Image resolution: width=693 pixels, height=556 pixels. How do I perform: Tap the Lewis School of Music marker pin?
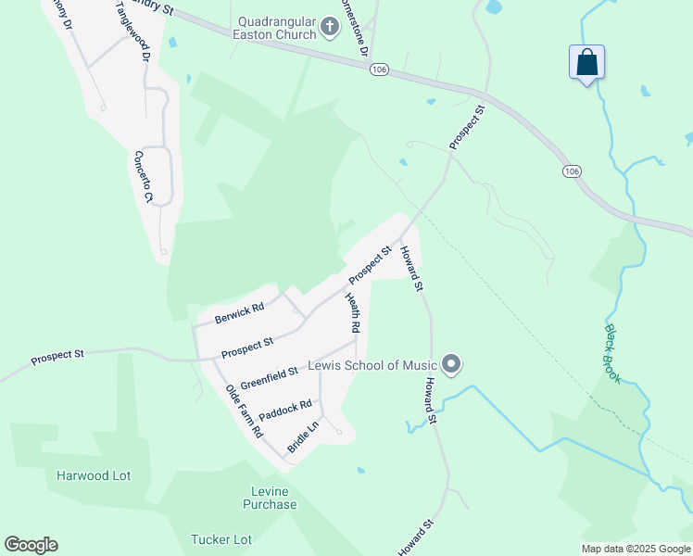pos(451,365)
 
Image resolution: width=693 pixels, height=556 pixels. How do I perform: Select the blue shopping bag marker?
pos(586,63)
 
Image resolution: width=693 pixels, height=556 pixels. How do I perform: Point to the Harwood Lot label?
pos(94,475)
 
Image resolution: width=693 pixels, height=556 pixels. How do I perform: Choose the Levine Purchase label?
pos(270,498)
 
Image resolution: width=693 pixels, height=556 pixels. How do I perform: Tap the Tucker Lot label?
pos(221,539)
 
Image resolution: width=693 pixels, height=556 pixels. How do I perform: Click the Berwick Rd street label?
pos(240,313)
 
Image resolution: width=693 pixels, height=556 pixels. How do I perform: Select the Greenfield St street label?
pos(269,377)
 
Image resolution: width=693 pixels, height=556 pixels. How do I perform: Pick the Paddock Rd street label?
pos(285,409)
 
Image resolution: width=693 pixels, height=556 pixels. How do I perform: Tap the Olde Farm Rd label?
pos(246,412)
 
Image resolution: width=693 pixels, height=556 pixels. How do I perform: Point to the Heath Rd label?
pos(353,313)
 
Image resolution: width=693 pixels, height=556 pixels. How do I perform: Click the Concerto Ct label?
pos(143,177)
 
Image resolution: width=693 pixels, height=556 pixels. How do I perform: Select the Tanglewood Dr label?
pos(132,32)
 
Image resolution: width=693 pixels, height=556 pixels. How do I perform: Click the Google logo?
pos(31,545)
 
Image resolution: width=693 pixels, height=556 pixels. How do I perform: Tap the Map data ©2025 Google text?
pos(636,549)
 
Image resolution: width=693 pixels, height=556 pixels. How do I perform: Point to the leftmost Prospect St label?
pos(57,355)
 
